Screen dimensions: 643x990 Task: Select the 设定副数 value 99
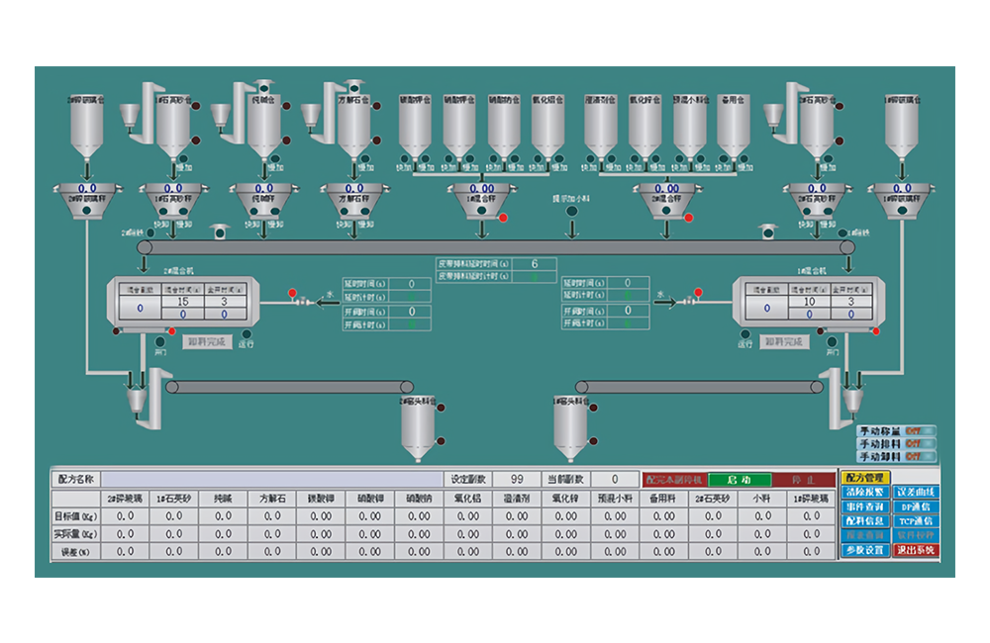pyautogui.click(x=516, y=480)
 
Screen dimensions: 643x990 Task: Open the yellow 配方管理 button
pyautogui.click(x=864, y=478)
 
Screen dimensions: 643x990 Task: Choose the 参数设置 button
pyautogui.click(x=864, y=550)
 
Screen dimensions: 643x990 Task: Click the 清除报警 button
pyautogui.click(x=864, y=493)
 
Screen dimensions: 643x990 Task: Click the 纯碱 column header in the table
pyautogui.click(x=223, y=499)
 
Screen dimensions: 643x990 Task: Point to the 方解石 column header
pyautogui.click(x=272, y=499)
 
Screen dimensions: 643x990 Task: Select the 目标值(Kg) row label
pyautogui.click(x=75, y=516)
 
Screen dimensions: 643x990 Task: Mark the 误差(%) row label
pyautogui.click(x=75, y=552)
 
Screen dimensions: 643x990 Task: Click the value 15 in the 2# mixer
pyautogui.click(x=183, y=302)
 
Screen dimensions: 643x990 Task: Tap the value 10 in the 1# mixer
pyautogui.click(x=810, y=302)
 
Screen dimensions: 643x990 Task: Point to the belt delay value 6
pyautogui.click(x=535, y=263)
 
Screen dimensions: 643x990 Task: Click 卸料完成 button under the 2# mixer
pyautogui.click(x=206, y=342)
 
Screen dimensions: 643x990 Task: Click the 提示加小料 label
pyautogui.click(x=572, y=200)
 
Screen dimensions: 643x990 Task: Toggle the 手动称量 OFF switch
pyautogui.click(x=918, y=431)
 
